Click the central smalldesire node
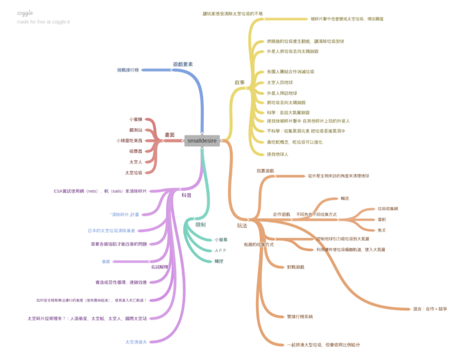pos(202,141)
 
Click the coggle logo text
pos(25,12)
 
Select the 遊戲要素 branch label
pos(183,64)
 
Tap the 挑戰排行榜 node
pos(128,70)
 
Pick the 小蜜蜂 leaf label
pos(135,120)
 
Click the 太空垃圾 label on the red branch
pos(133,173)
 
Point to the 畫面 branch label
pos(169,135)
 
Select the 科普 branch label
pos(186,194)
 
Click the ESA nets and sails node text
pos(99,191)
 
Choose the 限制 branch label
pos(201,225)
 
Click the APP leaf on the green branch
pos(221,250)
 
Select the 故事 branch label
pos(239,82)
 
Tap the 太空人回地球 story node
pos(280,82)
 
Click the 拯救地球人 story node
pos(277,154)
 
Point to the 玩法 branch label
pos(242,225)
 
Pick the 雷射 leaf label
pos(382,219)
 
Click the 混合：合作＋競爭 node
pos(430,308)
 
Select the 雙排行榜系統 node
pos(300,316)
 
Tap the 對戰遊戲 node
pos(296,267)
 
